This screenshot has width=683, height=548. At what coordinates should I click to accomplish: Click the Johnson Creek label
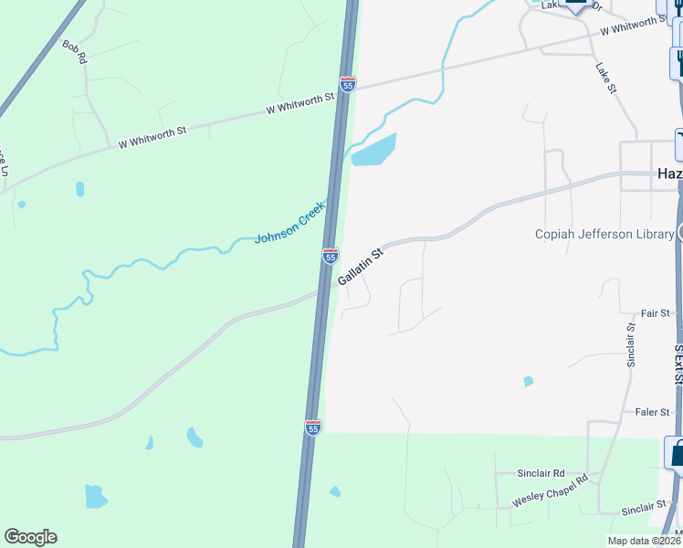click(289, 222)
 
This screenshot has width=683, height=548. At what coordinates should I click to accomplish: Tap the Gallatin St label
click(360, 265)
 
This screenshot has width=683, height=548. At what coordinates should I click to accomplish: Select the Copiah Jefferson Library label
click(604, 235)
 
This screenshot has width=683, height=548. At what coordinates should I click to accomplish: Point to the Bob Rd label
click(74, 51)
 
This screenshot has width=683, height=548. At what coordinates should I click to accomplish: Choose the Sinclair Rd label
click(541, 474)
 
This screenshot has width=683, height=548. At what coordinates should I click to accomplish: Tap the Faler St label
click(653, 412)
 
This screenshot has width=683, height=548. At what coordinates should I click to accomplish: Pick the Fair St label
click(656, 313)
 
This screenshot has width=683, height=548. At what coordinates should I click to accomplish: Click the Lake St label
click(606, 77)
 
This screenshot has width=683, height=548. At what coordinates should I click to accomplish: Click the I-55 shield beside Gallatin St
click(331, 256)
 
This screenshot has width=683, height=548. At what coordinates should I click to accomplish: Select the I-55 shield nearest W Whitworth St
click(348, 83)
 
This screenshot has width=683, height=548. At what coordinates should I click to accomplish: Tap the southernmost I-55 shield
click(313, 427)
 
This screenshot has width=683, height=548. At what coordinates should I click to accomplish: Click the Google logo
click(30, 537)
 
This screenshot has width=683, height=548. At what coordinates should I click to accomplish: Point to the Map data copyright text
click(645, 541)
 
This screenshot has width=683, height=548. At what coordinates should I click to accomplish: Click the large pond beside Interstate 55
click(374, 150)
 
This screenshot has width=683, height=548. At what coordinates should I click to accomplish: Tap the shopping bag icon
click(677, 452)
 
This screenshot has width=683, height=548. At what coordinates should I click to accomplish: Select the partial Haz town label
click(669, 174)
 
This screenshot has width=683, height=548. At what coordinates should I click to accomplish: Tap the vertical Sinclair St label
click(631, 344)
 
